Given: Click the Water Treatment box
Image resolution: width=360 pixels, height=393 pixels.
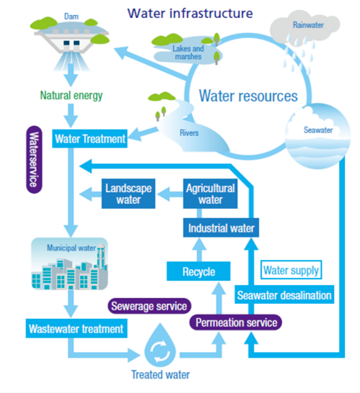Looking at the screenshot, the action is pos(90,139).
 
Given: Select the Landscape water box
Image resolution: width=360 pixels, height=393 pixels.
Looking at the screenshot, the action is pos(128,194).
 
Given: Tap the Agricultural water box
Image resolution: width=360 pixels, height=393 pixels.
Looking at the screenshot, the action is pos(210,194).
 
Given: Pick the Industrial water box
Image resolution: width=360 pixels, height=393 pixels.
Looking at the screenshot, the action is pos(221,228).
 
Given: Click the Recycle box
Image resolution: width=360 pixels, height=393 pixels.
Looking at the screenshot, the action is pos(199,271).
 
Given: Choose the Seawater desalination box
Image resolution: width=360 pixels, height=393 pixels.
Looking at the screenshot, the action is pos(284,294).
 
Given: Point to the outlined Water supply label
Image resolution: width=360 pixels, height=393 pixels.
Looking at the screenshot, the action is pos(291,270).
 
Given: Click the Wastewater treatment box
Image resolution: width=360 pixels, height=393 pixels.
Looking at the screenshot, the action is pos(76,328).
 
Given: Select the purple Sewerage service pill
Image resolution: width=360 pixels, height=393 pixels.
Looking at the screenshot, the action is pos(150,306).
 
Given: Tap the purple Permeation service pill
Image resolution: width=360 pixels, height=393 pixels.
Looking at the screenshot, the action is pos(235,322).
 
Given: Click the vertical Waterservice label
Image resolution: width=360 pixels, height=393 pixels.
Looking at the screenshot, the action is pos(35,159).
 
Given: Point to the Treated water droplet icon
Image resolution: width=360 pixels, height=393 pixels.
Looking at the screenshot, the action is pos(160,345).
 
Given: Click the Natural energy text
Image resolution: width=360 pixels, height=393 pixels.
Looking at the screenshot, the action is pos(71,96).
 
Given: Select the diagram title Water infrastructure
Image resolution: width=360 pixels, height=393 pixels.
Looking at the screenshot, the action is pos(190,13).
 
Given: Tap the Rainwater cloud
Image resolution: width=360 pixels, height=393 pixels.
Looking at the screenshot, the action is pos(305,27).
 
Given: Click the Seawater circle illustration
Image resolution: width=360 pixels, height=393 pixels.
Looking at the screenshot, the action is pos(318,136).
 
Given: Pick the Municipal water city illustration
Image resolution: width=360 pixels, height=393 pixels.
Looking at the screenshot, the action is pos(70,263).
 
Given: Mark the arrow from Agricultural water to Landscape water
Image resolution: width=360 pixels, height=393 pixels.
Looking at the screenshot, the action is pos(170,194).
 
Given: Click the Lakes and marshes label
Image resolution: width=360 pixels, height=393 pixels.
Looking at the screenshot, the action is pos(188,53).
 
